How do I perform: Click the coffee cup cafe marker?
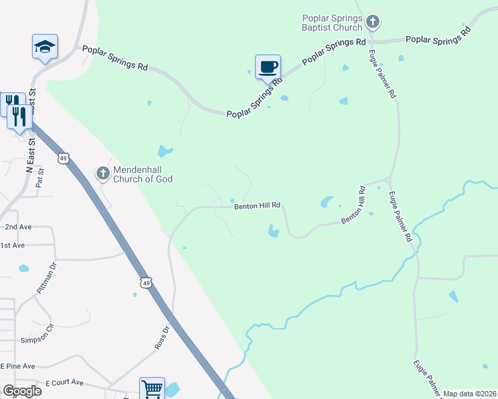(268, 67)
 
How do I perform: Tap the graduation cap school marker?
(45, 47)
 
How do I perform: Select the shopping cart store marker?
(152, 389)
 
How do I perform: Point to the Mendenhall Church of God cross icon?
(103, 174)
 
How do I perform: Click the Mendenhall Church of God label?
(142, 174)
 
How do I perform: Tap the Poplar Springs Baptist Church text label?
(332, 23)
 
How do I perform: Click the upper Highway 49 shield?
(63, 158)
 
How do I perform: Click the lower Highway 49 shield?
(146, 283)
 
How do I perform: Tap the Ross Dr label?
(164, 338)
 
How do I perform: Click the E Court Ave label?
(64, 383)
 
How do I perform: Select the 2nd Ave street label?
(18, 227)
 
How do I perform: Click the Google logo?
(22, 390)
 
